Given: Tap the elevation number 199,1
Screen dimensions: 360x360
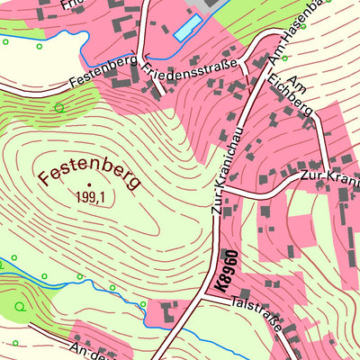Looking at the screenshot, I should [x=90, y=197].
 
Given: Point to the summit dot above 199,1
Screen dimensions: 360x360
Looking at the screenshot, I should [x=90, y=184].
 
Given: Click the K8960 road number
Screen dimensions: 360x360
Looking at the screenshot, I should [x=224, y=272].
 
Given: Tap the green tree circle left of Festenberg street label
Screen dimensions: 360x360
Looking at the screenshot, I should [x=59, y=107].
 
